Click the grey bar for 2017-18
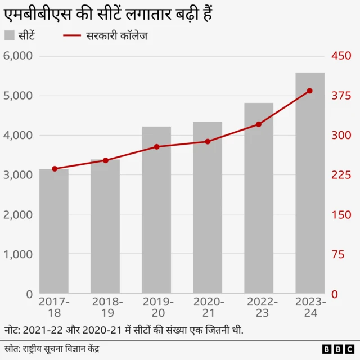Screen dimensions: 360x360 click(x=54, y=231)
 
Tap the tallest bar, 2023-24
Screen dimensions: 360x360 click(x=310, y=183)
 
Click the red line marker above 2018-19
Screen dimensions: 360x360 click(x=106, y=160)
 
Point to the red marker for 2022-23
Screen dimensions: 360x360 click(x=259, y=124)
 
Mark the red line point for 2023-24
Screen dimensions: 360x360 click(x=310, y=91)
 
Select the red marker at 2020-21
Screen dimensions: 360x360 click(x=208, y=142)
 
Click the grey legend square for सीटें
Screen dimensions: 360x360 click(x=10, y=36)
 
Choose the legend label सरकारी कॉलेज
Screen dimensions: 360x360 click(x=117, y=36)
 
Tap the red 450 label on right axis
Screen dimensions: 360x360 click(x=340, y=56)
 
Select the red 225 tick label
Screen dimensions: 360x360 click(x=340, y=175)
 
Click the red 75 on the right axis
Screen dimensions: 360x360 click(x=337, y=254)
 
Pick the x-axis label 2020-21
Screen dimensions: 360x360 click(x=208, y=308)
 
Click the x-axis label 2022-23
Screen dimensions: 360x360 click(x=259, y=308)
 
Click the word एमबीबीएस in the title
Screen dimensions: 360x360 click(x=37, y=11)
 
